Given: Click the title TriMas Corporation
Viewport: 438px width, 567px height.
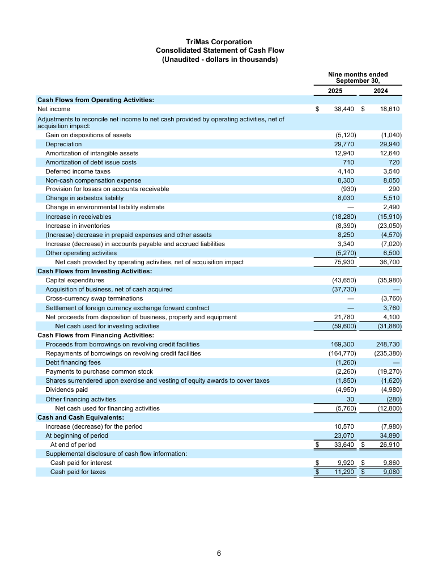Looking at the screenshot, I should pos(219,42).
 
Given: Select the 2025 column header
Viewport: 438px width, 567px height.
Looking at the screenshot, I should pos(335,90).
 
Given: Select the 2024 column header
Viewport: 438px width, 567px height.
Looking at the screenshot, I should pos(381,90).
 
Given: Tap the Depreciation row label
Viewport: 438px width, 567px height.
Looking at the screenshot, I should pos(63,145).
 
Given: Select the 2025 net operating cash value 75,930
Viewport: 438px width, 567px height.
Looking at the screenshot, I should pos(343,262).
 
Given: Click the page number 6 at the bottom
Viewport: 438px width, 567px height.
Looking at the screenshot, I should pos(219,553).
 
